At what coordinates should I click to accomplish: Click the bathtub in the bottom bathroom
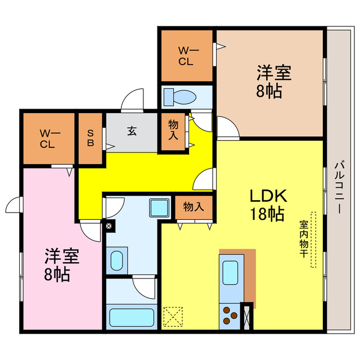(x=130, y=317)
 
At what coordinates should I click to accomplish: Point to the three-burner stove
(x=229, y=314)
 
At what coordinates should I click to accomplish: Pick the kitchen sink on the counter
(x=231, y=272)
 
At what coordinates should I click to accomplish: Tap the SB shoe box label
(x=91, y=138)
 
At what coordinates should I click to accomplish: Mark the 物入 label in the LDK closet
(x=193, y=207)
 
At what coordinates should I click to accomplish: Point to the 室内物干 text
(x=303, y=238)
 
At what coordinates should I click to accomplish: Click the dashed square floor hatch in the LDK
(x=173, y=316)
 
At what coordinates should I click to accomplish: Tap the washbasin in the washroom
(x=116, y=260)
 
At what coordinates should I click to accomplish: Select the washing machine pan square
(x=160, y=208)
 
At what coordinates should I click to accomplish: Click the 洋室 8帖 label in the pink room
(x=62, y=265)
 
